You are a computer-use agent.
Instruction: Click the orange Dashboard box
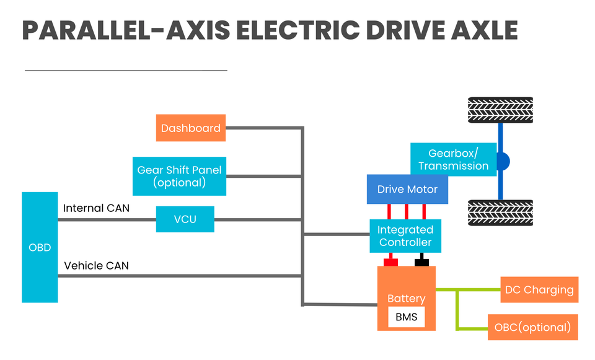coord(190,128)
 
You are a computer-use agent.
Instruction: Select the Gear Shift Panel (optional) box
coord(179,176)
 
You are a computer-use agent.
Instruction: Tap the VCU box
coord(185,219)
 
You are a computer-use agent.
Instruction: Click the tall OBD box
coord(40,247)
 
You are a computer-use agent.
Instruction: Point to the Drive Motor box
coord(407,189)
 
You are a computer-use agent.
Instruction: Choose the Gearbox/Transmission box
coord(454,159)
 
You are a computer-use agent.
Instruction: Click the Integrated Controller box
coord(405,235)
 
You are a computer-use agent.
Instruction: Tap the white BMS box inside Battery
coord(407,317)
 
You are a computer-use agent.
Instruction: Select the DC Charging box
coord(539,289)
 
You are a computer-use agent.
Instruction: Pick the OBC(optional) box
coord(533,327)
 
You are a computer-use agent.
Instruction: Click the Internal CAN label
coord(97,208)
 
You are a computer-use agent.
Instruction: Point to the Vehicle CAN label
coord(97,266)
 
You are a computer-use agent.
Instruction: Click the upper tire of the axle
coord(500,110)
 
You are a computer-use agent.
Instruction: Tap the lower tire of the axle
coord(500,213)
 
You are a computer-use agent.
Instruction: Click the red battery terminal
coord(391,261)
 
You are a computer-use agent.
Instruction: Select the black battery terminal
coord(421,261)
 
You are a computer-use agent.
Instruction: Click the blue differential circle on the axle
coord(503,162)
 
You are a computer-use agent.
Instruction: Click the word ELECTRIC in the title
coord(298,30)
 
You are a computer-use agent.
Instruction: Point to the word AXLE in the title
coord(484,30)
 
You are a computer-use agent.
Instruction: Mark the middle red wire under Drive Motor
coord(407,212)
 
